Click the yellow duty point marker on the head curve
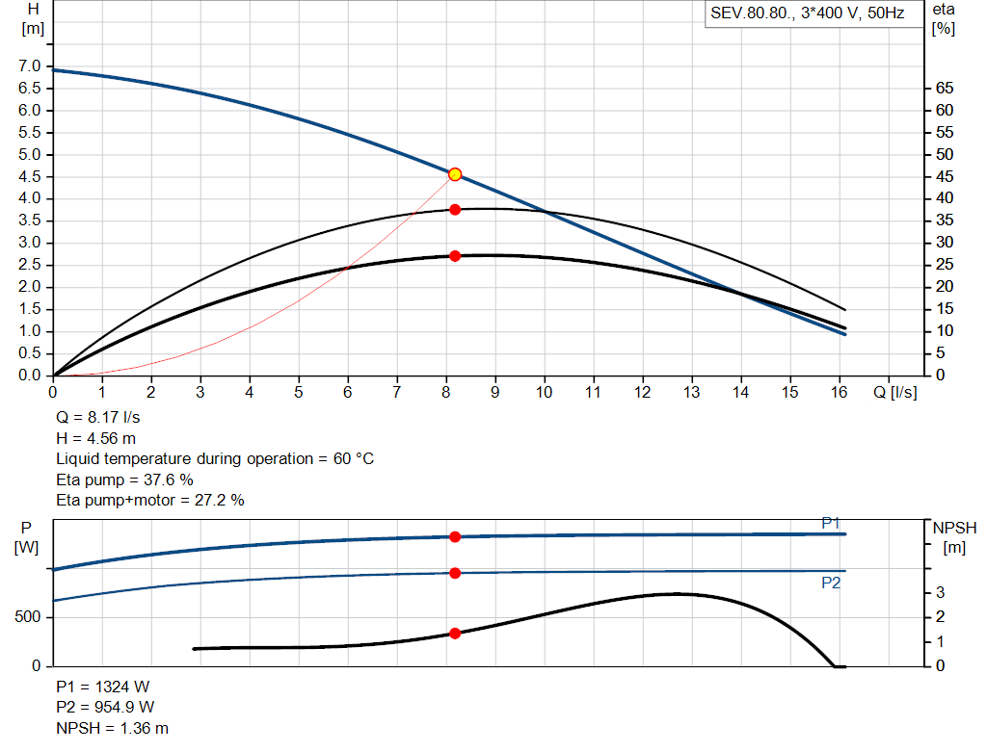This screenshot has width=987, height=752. (x=455, y=174)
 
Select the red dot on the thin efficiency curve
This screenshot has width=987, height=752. (x=455, y=209)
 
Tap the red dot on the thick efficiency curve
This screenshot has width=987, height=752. (x=455, y=256)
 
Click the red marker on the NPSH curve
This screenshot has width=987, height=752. (x=455, y=634)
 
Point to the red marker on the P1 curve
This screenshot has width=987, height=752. (x=455, y=536)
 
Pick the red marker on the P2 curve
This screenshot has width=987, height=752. (x=455, y=573)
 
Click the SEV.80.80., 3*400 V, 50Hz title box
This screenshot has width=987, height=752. (x=807, y=13)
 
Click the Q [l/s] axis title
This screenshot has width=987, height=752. (x=895, y=392)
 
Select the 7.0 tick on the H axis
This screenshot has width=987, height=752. (x=30, y=66)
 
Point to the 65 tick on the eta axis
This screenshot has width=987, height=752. (x=944, y=89)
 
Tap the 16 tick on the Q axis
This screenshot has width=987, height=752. (x=839, y=392)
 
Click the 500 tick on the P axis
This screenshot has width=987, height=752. (x=29, y=617)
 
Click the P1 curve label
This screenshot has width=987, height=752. (x=831, y=523)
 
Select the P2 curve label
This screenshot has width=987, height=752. (x=831, y=583)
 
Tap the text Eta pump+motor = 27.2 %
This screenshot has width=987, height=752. (x=150, y=500)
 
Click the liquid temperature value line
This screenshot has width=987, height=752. (x=215, y=459)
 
